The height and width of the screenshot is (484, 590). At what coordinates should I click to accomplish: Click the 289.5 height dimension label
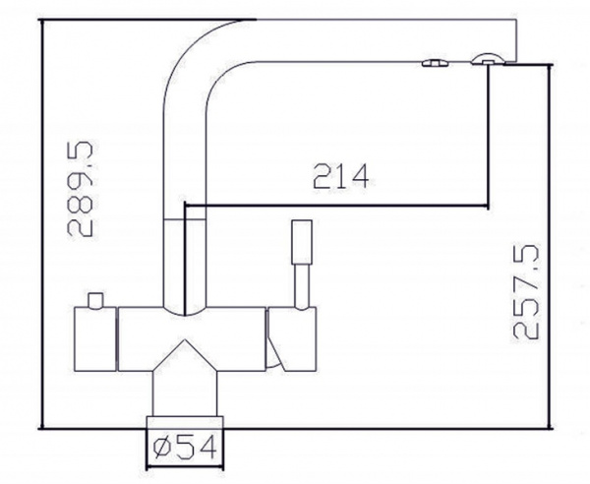click(80, 189)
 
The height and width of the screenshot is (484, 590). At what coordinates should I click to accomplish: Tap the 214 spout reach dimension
click(341, 176)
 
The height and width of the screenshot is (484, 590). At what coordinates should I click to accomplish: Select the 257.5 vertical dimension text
click(526, 292)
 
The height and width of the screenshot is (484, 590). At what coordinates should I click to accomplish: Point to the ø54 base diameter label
click(186, 448)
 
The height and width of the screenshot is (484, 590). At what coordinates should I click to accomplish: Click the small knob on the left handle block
click(95, 300)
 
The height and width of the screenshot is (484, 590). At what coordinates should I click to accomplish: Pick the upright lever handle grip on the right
click(302, 242)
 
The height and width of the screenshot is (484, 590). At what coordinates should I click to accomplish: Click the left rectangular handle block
click(95, 339)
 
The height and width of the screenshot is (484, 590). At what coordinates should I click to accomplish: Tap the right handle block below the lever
click(292, 339)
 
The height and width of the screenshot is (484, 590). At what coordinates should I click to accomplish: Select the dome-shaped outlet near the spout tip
click(487, 59)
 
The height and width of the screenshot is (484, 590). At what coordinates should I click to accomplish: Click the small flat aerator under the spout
click(435, 63)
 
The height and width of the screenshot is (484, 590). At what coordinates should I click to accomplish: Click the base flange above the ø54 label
click(185, 422)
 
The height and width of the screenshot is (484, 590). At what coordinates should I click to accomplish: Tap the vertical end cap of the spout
click(516, 40)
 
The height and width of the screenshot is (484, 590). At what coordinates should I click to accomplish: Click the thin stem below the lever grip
click(302, 286)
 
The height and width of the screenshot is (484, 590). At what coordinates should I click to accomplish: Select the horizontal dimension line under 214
click(336, 206)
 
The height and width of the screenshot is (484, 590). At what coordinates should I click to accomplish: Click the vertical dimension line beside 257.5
click(551, 247)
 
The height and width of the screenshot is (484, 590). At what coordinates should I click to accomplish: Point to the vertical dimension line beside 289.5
click(41, 224)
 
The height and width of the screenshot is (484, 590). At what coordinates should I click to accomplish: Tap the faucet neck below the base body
click(185, 393)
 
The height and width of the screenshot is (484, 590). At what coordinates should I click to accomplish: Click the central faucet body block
click(192, 339)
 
